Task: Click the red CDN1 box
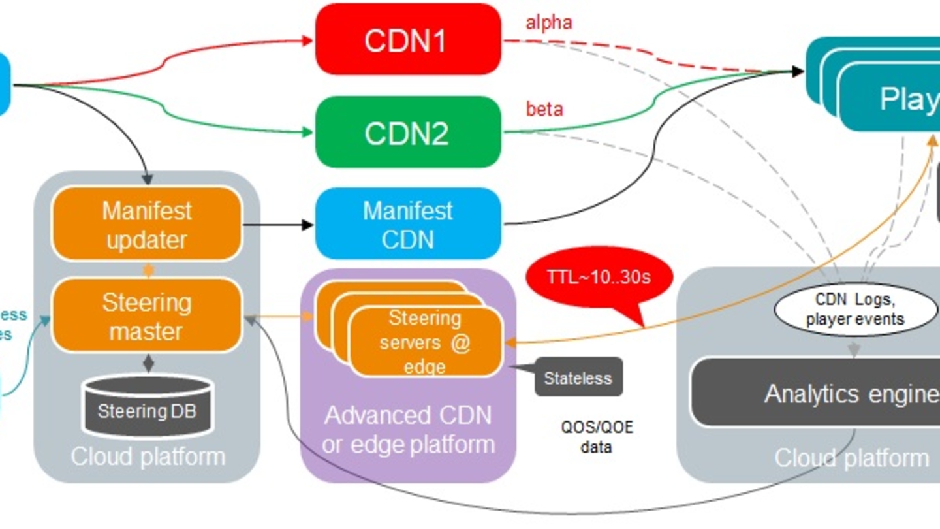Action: click(x=408, y=39)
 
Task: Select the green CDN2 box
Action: click(x=408, y=133)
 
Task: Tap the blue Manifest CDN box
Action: click(x=408, y=224)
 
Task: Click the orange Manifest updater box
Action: click(x=147, y=224)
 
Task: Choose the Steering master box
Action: click(x=147, y=316)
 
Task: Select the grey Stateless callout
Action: click(x=578, y=377)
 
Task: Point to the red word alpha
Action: click(x=549, y=23)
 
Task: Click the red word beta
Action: click(x=544, y=108)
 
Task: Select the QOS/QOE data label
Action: click(x=597, y=438)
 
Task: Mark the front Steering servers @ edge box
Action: click(x=426, y=342)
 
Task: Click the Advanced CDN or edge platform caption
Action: click(x=408, y=430)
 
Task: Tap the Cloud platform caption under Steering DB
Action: click(x=148, y=456)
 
